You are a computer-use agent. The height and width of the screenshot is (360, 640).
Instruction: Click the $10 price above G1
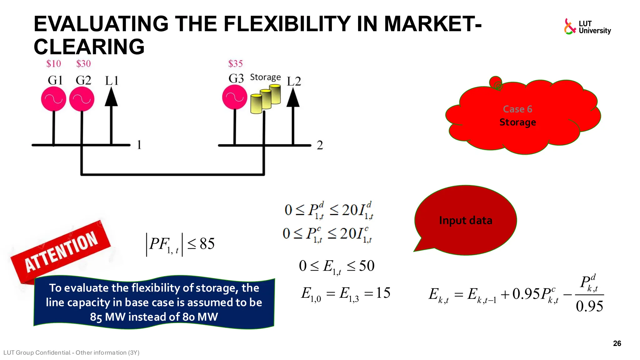click(x=53, y=64)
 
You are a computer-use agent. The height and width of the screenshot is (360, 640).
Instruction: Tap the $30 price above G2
click(x=83, y=64)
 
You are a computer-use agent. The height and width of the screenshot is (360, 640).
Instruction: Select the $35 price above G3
click(x=235, y=64)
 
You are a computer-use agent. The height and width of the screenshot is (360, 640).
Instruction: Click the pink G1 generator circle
click(x=54, y=99)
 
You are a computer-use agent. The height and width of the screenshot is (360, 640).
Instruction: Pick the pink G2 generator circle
click(x=82, y=99)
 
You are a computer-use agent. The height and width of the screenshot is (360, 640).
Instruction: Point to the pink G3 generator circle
click(x=235, y=97)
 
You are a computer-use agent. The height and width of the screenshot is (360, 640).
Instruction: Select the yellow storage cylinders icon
click(x=266, y=99)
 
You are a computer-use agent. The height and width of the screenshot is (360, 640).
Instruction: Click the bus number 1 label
click(x=139, y=145)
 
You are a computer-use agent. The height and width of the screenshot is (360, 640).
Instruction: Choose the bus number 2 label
click(x=320, y=145)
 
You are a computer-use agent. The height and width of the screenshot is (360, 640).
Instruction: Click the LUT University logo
click(x=587, y=27)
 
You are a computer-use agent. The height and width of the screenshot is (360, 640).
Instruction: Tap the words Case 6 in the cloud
click(x=517, y=109)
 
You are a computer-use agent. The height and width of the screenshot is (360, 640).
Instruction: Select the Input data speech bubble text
click(x=466, y=220)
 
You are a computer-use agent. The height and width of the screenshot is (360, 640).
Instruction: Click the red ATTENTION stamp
click(x=61, y=252)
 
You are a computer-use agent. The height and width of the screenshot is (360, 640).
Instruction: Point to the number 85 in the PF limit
click(x=207, y=244)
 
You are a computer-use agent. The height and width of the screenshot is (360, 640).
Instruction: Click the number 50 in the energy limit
click(x=367, y=266)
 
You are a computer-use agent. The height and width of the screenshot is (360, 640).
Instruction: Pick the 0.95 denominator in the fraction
click(x=589, y=306)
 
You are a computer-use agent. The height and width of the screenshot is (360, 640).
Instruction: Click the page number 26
click(x=617, y=343)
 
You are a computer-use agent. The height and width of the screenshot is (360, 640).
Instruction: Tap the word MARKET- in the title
click(x=432, y=24)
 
